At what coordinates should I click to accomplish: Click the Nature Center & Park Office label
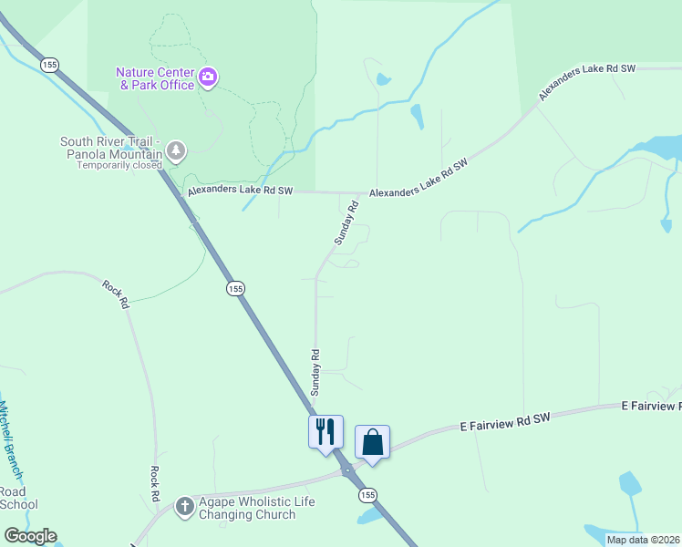pyautogui.click(x=155, y=78)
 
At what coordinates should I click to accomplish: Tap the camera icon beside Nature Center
pyautogui.click(x=209, y=77)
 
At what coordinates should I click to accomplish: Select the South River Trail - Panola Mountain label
pyautogui.click(x=110, y=148)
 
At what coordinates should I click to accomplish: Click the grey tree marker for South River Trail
pyautogui.click(x=176, y=150)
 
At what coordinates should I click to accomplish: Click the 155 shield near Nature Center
pyautogui.click(x=49, y=64)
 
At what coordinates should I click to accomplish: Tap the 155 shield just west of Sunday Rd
pyautogui.click(x=235, y=288)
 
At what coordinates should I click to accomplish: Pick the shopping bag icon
pyautogui.click(x=372, y=442)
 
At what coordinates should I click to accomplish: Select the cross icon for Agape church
pyautogui.click(x=184, y=506)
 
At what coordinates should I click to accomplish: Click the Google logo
pyautogui.click(x=30, y=536)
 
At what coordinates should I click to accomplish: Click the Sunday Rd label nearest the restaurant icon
pyautogui.click(x=315, y=372)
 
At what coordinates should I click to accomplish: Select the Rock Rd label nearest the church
pyautogui.click(x=155, y=484)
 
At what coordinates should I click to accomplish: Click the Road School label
pyautogui.click(x=18, y=498)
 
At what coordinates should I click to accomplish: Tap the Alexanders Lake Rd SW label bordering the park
pyautogui.click(x=241, y=191)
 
